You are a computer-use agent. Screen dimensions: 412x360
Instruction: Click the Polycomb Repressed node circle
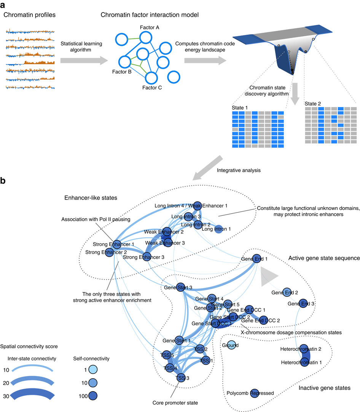point(255,393)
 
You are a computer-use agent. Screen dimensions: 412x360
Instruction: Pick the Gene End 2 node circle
point(286,292)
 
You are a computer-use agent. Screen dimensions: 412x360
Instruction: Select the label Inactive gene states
point(324,388)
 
